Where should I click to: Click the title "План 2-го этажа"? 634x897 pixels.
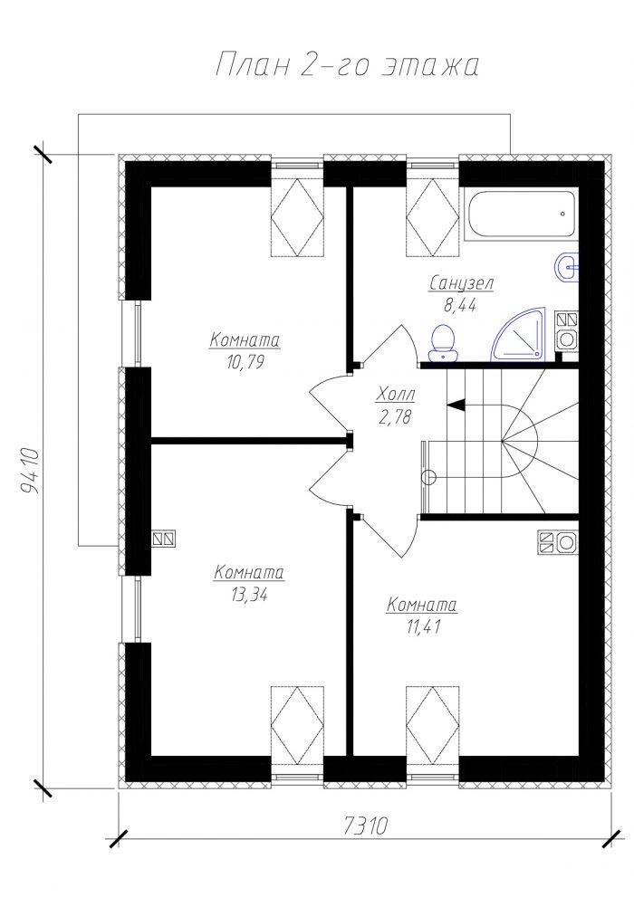click(347, 64)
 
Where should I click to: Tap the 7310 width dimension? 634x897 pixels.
click(366, 825)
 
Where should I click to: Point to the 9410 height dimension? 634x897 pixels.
click(29, 472)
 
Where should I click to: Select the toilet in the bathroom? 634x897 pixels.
click(444, 344)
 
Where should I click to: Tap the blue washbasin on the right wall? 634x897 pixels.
click(567, 266)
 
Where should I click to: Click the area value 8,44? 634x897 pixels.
click(459, 305)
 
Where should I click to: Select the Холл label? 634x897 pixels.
click(396, 394)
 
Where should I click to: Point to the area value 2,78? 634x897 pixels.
click(395, 416)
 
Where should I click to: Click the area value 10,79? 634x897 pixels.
click(245, 362)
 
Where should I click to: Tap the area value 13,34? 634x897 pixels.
click(249, 595)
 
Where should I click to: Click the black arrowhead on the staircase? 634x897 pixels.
click(456, 405)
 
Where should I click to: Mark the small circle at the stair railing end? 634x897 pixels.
click(428, 476)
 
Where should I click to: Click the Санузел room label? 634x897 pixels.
click(461, 283)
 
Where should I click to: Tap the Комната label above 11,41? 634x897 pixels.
click(422, 605)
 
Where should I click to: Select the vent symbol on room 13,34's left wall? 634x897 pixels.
click(164, 539)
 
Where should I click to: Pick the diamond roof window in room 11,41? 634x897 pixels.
click(432, 725)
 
